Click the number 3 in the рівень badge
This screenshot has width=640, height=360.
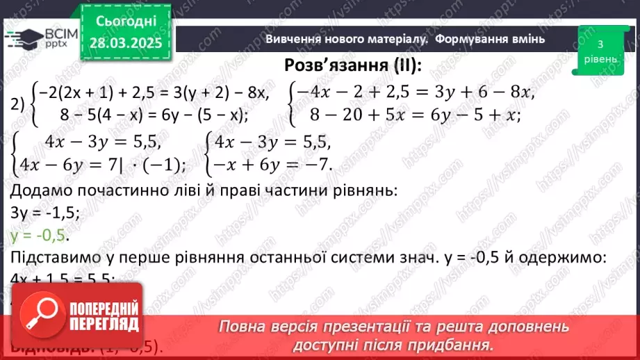point(599,45)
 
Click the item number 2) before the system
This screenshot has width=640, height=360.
point(19,104)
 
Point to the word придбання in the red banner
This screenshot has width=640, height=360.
point(459,344)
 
